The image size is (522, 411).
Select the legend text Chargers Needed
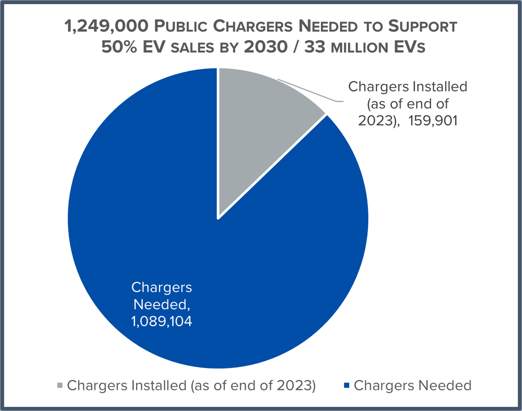point(413,385)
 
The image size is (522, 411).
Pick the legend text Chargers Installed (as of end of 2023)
point(191,385)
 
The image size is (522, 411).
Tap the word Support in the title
point(423,26)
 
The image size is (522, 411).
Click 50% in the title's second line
point(120,46)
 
